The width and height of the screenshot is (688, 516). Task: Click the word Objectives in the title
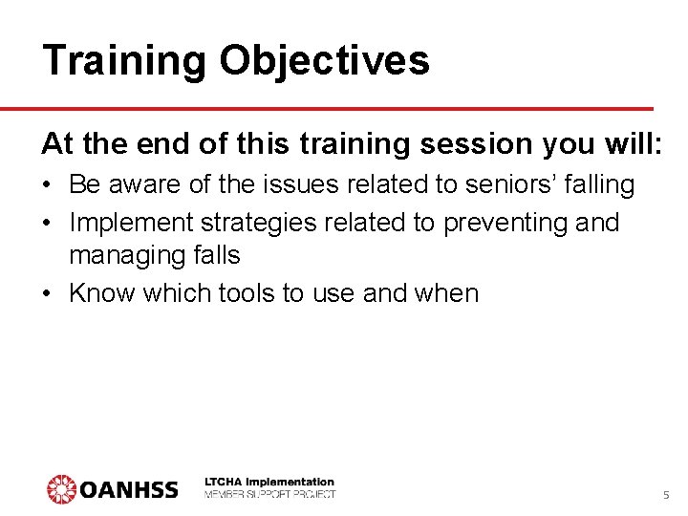pos(324,61)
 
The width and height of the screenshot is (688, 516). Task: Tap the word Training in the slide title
pos(124,61)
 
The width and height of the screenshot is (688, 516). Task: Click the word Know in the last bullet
pos(102,292)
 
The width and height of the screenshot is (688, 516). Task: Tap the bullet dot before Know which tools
pos(48,293)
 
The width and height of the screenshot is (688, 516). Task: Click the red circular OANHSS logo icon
pos(61,489)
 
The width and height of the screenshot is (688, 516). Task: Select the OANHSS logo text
pos(128,490)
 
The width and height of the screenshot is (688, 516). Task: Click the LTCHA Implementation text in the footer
pos(269,483)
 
